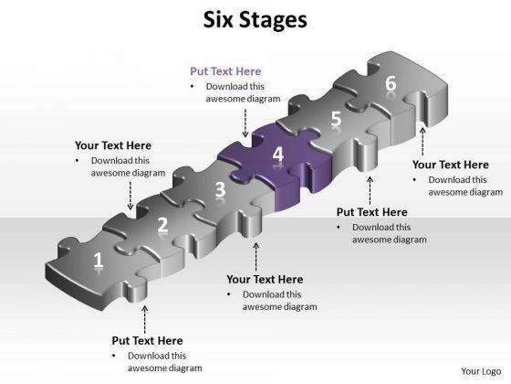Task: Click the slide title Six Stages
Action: [x=255, y=20]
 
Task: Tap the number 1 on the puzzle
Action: [x=99, y=261]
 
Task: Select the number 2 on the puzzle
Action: [x=162, y=225]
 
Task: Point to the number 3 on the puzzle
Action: [x=220, y=189]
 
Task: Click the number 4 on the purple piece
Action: [x=278, y=155]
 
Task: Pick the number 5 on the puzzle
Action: [x=336, y=119]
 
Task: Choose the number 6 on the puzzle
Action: [x=391, y=83]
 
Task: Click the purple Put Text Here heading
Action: [x=225, y=71]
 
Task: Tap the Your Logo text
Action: [x=481, y=371]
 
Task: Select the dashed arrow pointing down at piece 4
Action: [x=245, y=123]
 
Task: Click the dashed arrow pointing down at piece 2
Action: [x=130, y=196]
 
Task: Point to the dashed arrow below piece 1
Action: [x=145, y=320]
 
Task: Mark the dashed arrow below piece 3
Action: [x=256, y=257]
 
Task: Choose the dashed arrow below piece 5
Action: [x=370, y=190]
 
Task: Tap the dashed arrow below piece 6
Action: [x=422, y=142]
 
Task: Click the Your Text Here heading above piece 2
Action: [x=113, y=145]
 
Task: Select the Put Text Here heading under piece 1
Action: [x=147, y=340]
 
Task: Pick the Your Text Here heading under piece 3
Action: [x=265, y=279]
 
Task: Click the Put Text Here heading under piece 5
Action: [x=372, y=212]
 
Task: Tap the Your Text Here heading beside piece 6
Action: [x=451, y=165]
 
